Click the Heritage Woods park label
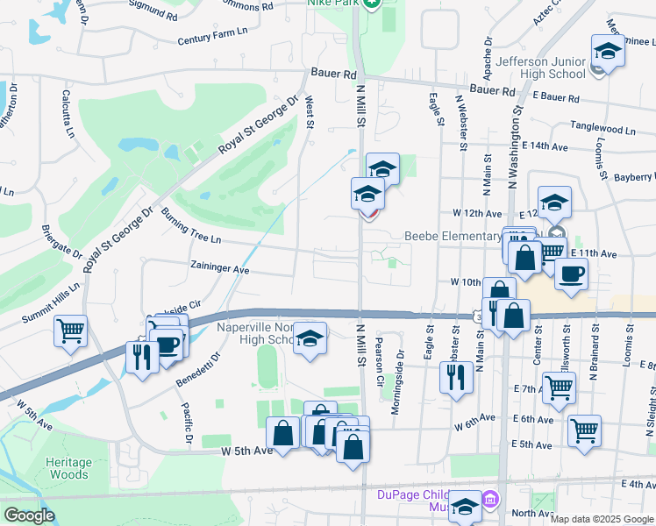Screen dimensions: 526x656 point(68,468)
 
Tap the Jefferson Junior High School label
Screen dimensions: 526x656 point(540,68)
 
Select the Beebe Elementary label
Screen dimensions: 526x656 point(453,236)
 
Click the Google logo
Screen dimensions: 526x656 point(29,515)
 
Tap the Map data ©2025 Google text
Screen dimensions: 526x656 point(602,519)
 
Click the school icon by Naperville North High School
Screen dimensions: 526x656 point(309,338)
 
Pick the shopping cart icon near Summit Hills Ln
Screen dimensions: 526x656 point(70,331)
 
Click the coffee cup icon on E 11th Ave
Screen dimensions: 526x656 point(570,274)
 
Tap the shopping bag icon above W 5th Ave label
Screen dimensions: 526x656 point(283,433)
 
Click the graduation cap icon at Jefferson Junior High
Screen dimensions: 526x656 point(607,51)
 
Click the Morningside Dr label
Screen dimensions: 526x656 point(400,371)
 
